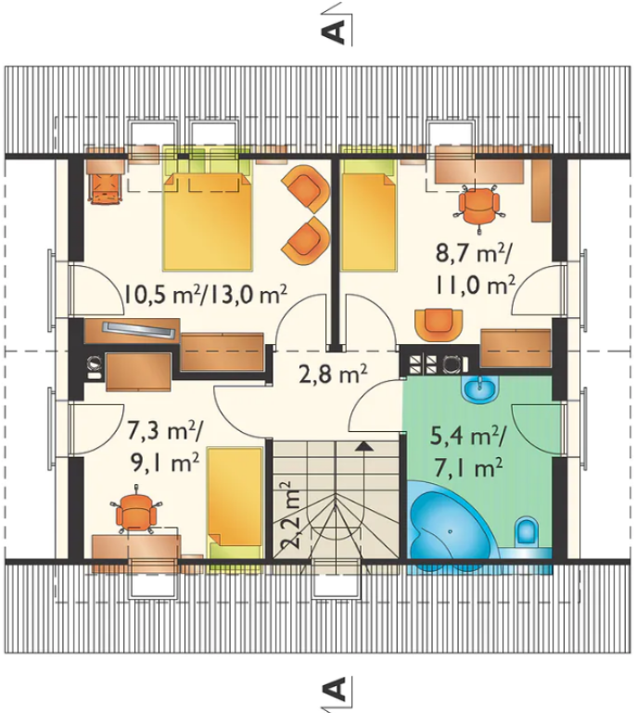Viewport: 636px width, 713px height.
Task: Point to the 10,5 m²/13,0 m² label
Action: (206, 296)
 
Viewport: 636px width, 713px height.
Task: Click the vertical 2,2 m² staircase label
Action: (291, 516)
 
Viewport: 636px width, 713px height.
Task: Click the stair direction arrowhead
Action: (364, 446)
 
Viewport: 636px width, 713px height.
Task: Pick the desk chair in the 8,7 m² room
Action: (479, 206)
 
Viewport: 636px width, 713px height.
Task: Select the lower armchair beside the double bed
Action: (306, 241)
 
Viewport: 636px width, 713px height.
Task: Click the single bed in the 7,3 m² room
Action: (235, 503)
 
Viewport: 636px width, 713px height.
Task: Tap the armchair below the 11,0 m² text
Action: (439, 325)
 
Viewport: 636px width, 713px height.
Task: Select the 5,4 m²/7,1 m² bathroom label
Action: (468, 452)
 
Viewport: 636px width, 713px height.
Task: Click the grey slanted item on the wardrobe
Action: (139, 329)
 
